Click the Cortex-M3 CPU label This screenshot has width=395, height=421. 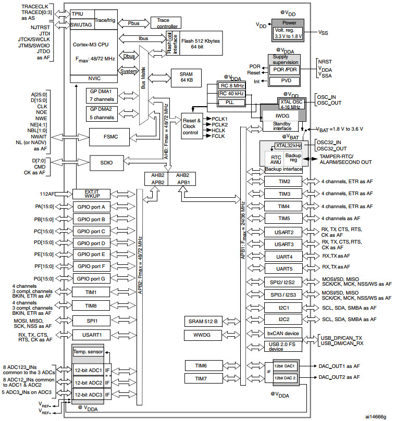coord(91,45)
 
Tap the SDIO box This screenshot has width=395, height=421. coord(106,163)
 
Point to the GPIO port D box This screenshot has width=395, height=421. coord(91,243)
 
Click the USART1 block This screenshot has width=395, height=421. coord(91,335)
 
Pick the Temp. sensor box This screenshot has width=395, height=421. coord(88,352)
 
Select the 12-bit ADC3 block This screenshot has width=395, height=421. coord(89,394)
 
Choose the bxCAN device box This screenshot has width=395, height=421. coord(283,334)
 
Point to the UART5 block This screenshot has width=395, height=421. coord(283,269)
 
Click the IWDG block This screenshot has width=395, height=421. coord(282,116)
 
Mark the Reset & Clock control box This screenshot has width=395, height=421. coord(192,126)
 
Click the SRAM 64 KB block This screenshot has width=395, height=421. coord(186,78)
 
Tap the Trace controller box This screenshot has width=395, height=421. coord(166,23)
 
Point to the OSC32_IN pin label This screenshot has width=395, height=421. coord(329,142)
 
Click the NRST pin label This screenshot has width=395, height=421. coord(325,62)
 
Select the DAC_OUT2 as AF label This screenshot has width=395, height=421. coord(339,377)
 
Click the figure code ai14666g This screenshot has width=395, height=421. coord(376,416)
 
